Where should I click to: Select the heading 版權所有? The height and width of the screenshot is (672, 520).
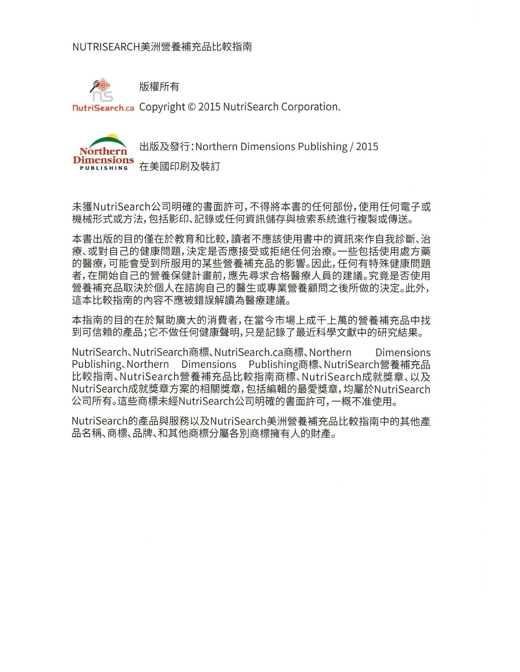(159, 87)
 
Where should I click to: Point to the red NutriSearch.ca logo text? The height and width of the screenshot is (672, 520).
(103, 108)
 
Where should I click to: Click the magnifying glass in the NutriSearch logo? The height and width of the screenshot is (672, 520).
(95, 86)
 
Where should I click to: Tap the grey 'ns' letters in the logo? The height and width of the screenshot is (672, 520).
(103, 97)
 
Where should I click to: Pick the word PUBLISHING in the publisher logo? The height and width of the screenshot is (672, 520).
(104, 168)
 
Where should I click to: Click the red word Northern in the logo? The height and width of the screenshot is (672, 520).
(103, 151)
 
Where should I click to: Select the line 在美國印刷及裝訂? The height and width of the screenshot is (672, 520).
(179, 167)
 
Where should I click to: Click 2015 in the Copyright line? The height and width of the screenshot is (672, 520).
(209, 107)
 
